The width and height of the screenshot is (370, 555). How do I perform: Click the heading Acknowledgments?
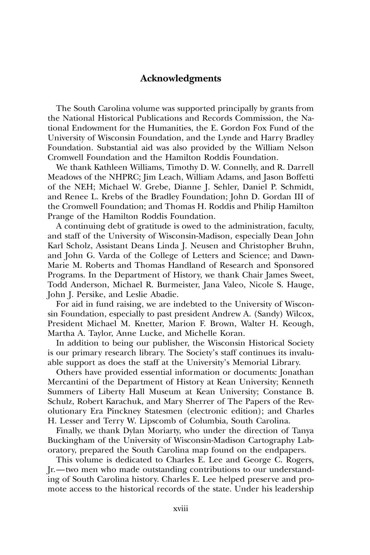(x=181, y=78)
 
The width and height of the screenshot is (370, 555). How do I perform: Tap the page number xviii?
(x=181, y=508)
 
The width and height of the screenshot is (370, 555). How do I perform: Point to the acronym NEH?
(x=87, y=187)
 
